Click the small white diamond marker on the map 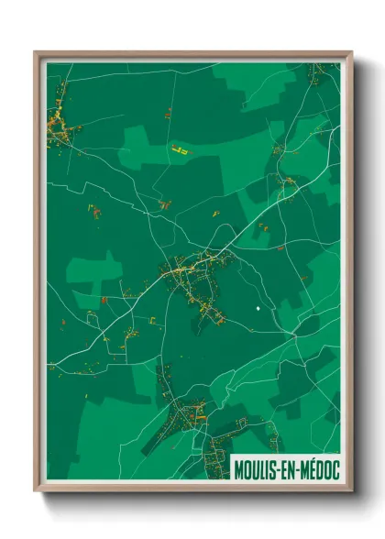point(258,309)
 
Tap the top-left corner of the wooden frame point(35,52)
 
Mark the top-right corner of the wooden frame point(351,52)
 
